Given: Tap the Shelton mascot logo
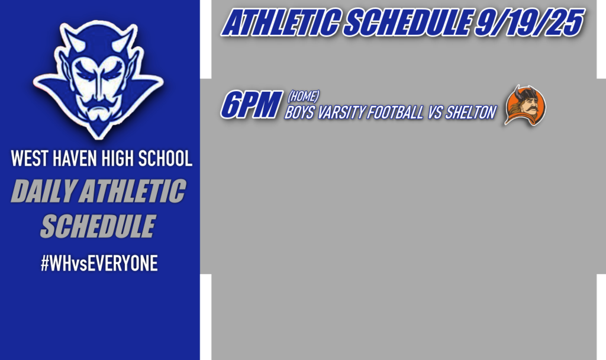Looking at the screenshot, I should click(524, 105).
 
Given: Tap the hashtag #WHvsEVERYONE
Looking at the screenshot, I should click(99, 264).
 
